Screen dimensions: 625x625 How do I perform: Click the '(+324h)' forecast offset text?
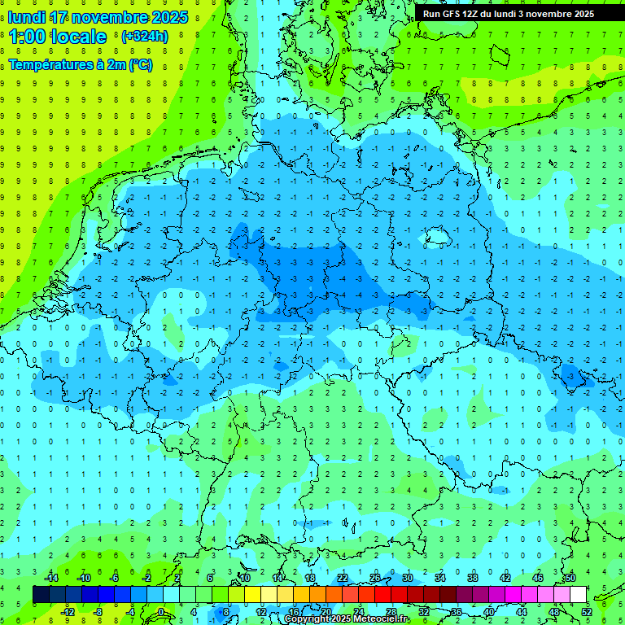(145, 37)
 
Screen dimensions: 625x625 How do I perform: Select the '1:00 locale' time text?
(58, 37)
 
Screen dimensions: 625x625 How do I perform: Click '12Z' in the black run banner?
(472, 14)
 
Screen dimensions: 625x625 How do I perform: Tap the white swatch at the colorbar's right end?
(578, 595)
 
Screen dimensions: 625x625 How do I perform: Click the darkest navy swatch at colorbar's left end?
(41, 595)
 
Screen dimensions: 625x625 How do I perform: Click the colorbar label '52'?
(587, 612)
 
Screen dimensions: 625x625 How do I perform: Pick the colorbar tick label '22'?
(343, 578)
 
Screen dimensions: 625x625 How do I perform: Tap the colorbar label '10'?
(245, 578)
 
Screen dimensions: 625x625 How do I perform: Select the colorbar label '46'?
(538, 578)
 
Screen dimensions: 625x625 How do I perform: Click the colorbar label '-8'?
(98, 612)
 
